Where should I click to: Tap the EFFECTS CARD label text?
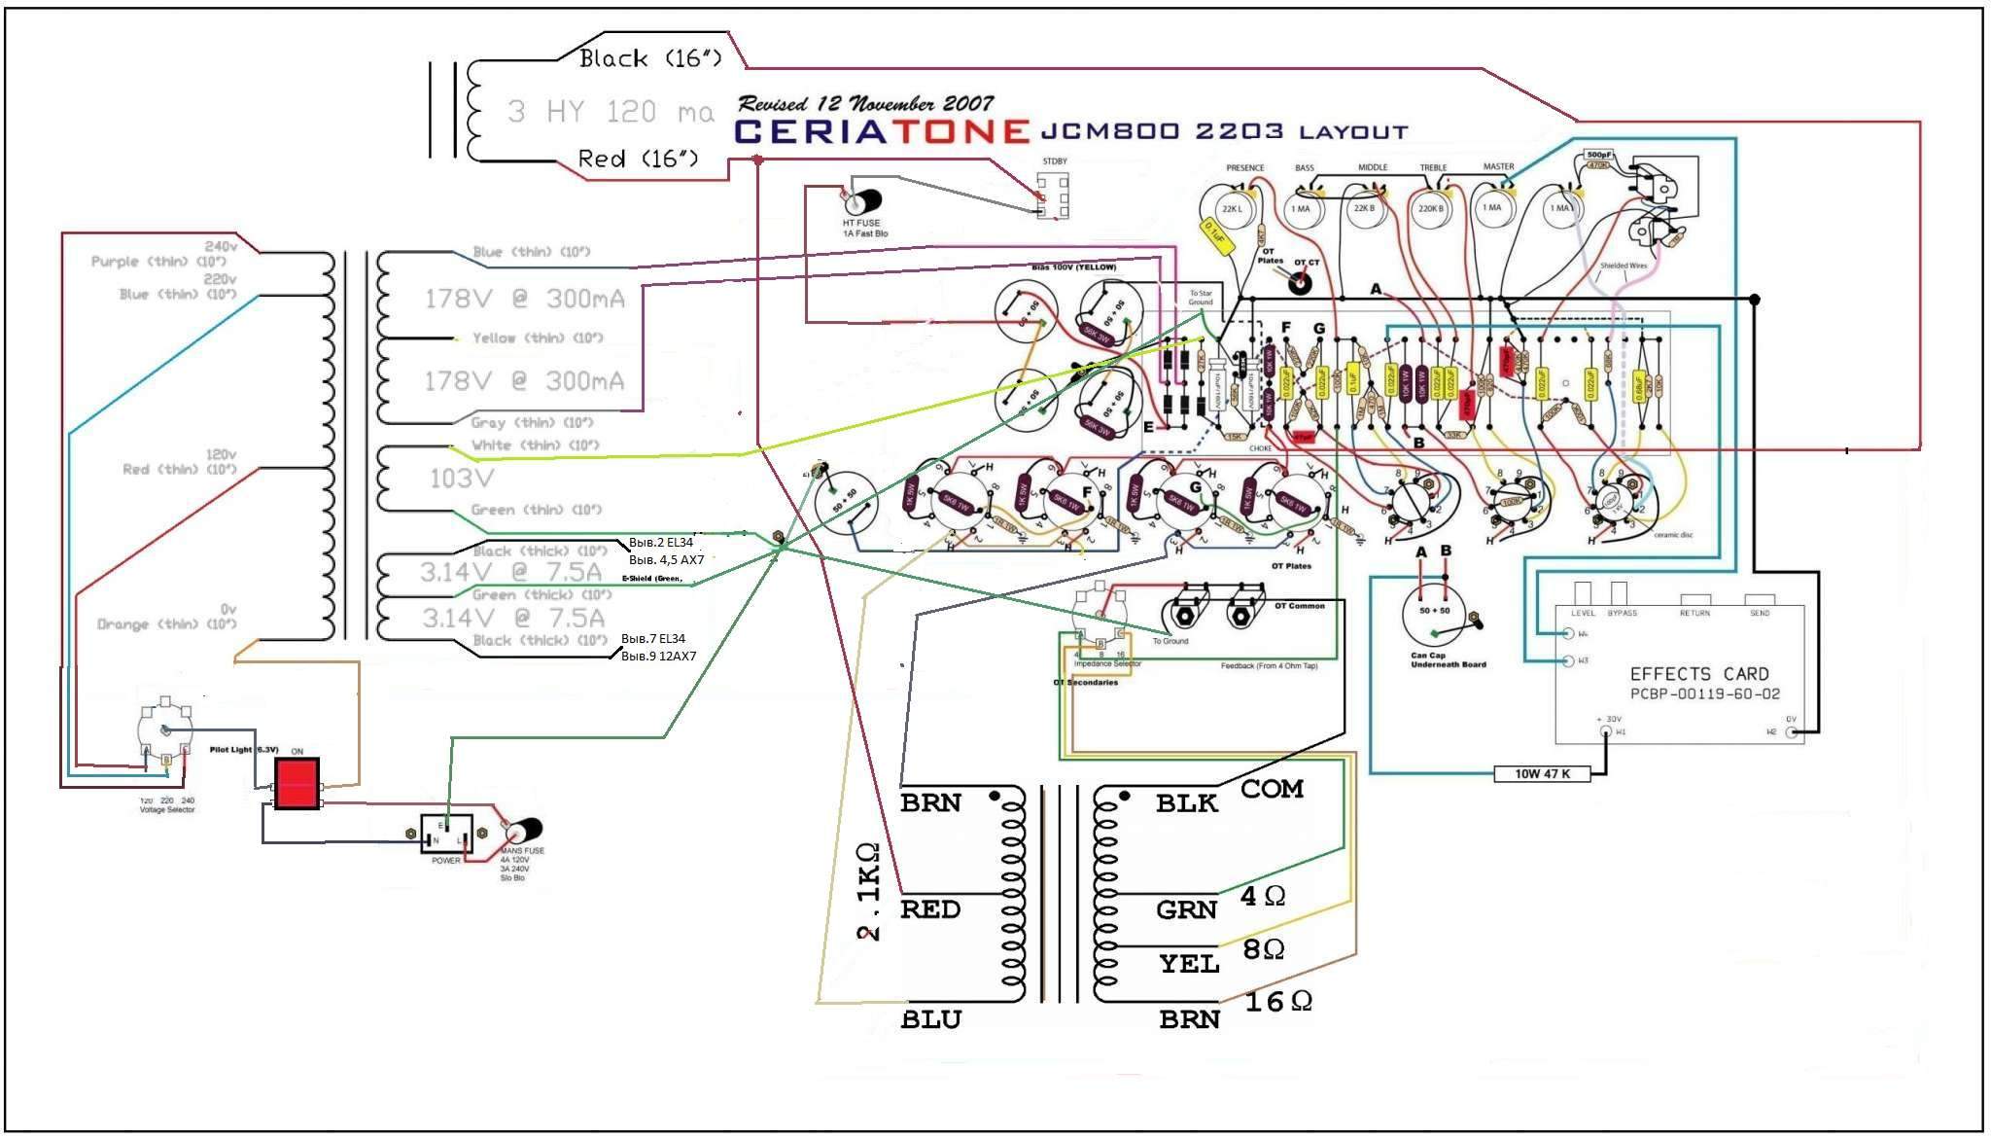pyautogui.click(x=1699, y=673)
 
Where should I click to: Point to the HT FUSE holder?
pyautogui.click(x=861, y=202)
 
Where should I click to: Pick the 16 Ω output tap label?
pyautogui.click(x=1277, y=1002)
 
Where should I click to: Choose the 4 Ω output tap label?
pyautogui.click(x=1263, y=896)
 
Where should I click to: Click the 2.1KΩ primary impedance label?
pyautogui.click(x=868, y=892)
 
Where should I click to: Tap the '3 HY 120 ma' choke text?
pyautogui.click(x=611, y=112)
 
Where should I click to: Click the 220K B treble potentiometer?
pyautogui.click(x=1429, y=208)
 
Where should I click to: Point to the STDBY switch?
pyautogui.click(x=1053, y=196)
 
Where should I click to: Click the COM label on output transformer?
pyautogui.click(x=1271, y=789)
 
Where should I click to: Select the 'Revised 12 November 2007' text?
pyautogui.click(x=865, y=103)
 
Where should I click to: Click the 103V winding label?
pyautogui.click(x=461, y=479)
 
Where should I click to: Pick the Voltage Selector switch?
pyautogui.click(x=165, y=731)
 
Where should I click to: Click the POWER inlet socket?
pyautogui.click(x=446, y=834)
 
